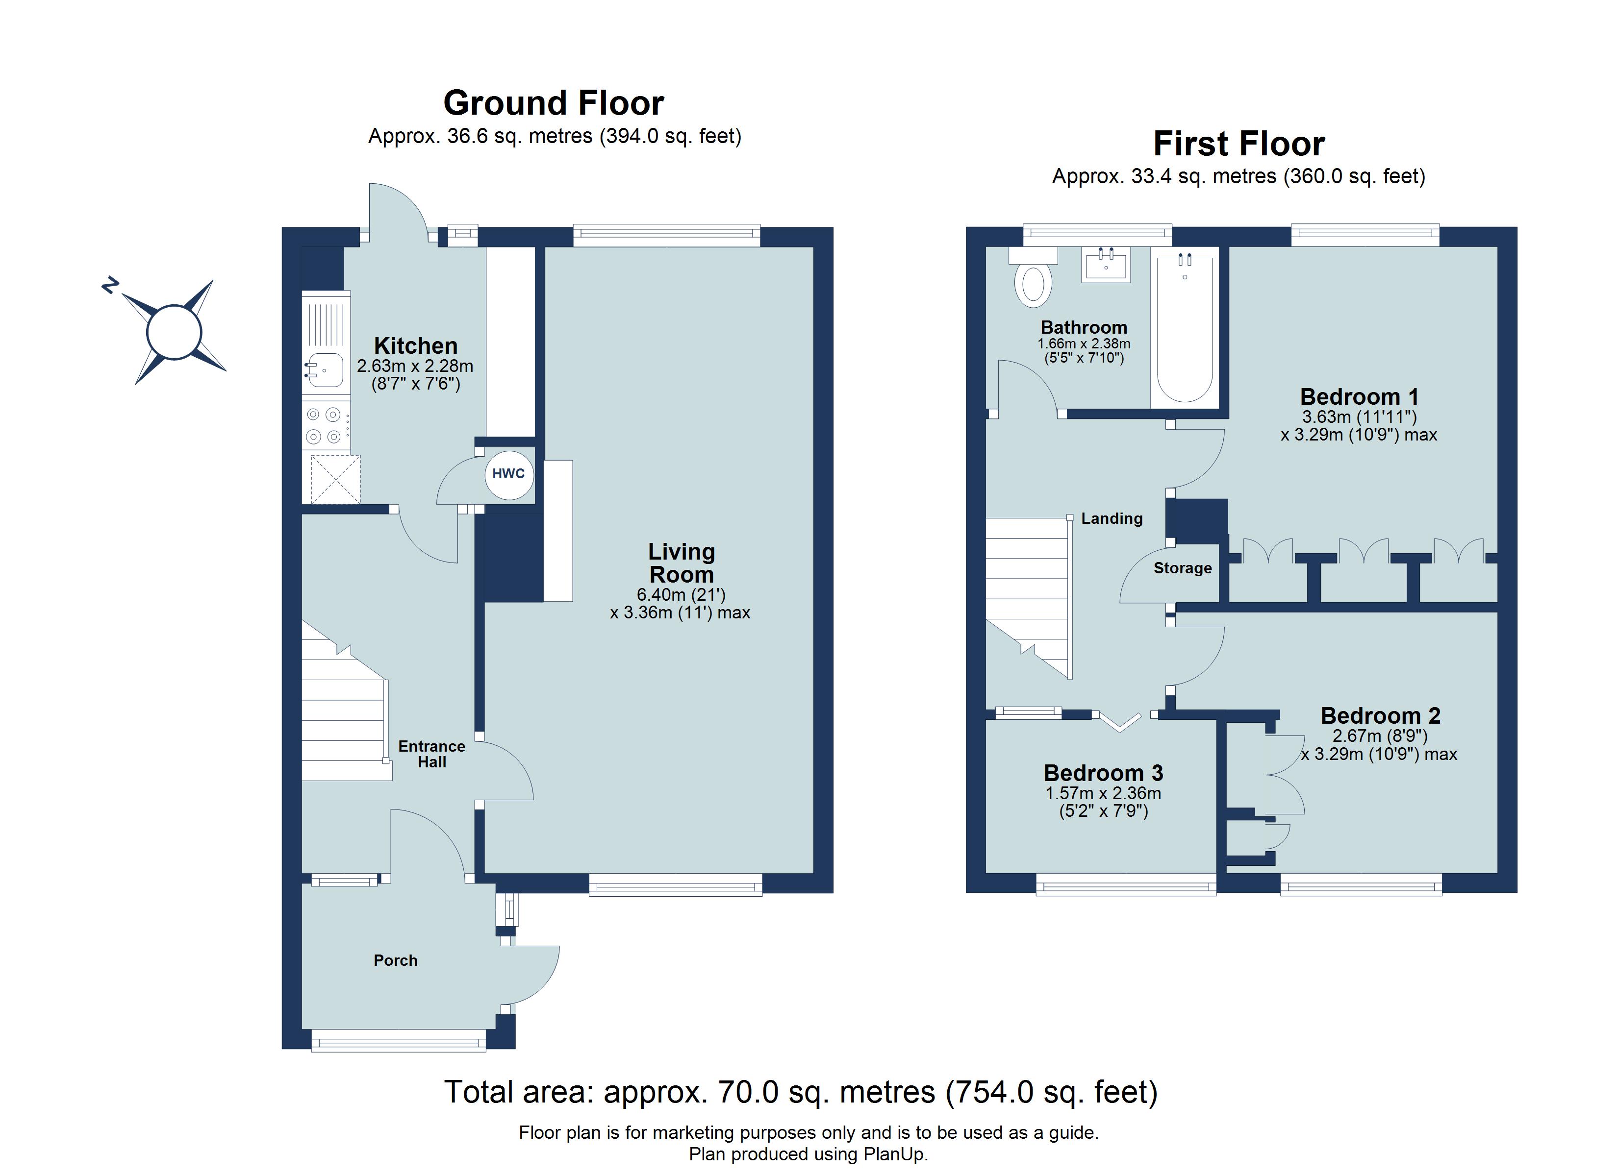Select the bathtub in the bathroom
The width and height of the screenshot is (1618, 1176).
click(x=1184, y=328)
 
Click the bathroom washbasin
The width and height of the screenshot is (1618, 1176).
click(x=1106, y=265)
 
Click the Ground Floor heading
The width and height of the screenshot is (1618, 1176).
click(x=554, y=103)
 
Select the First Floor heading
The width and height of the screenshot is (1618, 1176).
click(x=1239, y=144)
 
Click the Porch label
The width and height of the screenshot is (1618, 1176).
click(x=395, y=960)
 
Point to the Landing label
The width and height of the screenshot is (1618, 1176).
click(x=1112, y=518)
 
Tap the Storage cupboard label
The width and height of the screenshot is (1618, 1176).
click(x=1182, y=568)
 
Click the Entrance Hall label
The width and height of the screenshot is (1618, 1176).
click(x=431, y=754)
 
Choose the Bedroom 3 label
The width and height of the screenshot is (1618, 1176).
click(x=1103, y=773)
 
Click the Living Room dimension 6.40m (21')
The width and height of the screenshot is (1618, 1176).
click(x=681, y=594)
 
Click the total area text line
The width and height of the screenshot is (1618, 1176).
click(x=801, y=1092)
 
